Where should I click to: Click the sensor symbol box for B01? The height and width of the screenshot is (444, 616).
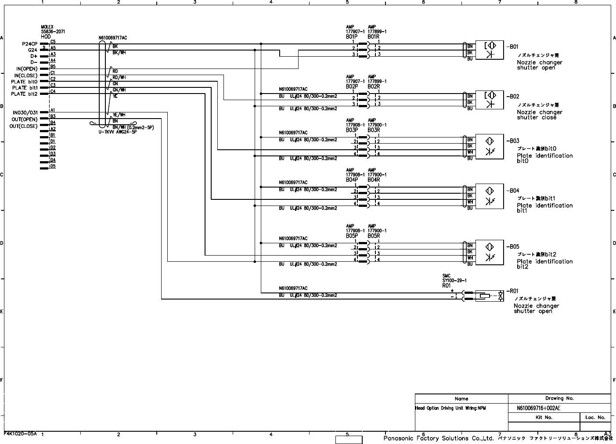pyautogui.click(x=490, y=50)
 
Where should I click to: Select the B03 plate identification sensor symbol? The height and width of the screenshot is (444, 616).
pyautogui.click(x=490, y=146)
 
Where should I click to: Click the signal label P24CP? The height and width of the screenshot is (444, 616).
pyautogui.click(x=30, y=44)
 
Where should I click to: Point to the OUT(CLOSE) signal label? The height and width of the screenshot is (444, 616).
pyautogui.click(x=24, y=126)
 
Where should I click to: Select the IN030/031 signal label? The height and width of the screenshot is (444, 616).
pyautogui.click(x=25, y=113)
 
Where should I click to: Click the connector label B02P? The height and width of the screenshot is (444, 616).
pyautogui.click(x=352, y=87)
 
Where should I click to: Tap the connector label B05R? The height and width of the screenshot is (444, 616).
pyautogui.click(x=374, y=236)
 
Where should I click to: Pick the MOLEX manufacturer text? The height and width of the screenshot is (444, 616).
pyautogui.click(x=47, y=27)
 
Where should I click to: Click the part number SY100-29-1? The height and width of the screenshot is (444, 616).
pyautogui.click(x=454, y=281)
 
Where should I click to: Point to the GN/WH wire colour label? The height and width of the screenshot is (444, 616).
pyautogui.click(x=119, y=90)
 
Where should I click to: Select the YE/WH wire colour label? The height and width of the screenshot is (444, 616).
pyautogui.click(x=119, y=115)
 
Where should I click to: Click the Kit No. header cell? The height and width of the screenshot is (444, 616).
pyautogui.click(x=544, y=417)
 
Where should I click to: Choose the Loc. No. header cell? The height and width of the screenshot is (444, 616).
pyautogui.click(x=595, y=417)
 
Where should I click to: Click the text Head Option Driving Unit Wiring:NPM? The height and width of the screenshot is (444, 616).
pyautogui.click(x=450, y=408)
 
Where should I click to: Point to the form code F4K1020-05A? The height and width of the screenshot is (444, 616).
pyautogui.click(x=20, y=433)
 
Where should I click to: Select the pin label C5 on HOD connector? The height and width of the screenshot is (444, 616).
pyautogui.click(x=53, y=42)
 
